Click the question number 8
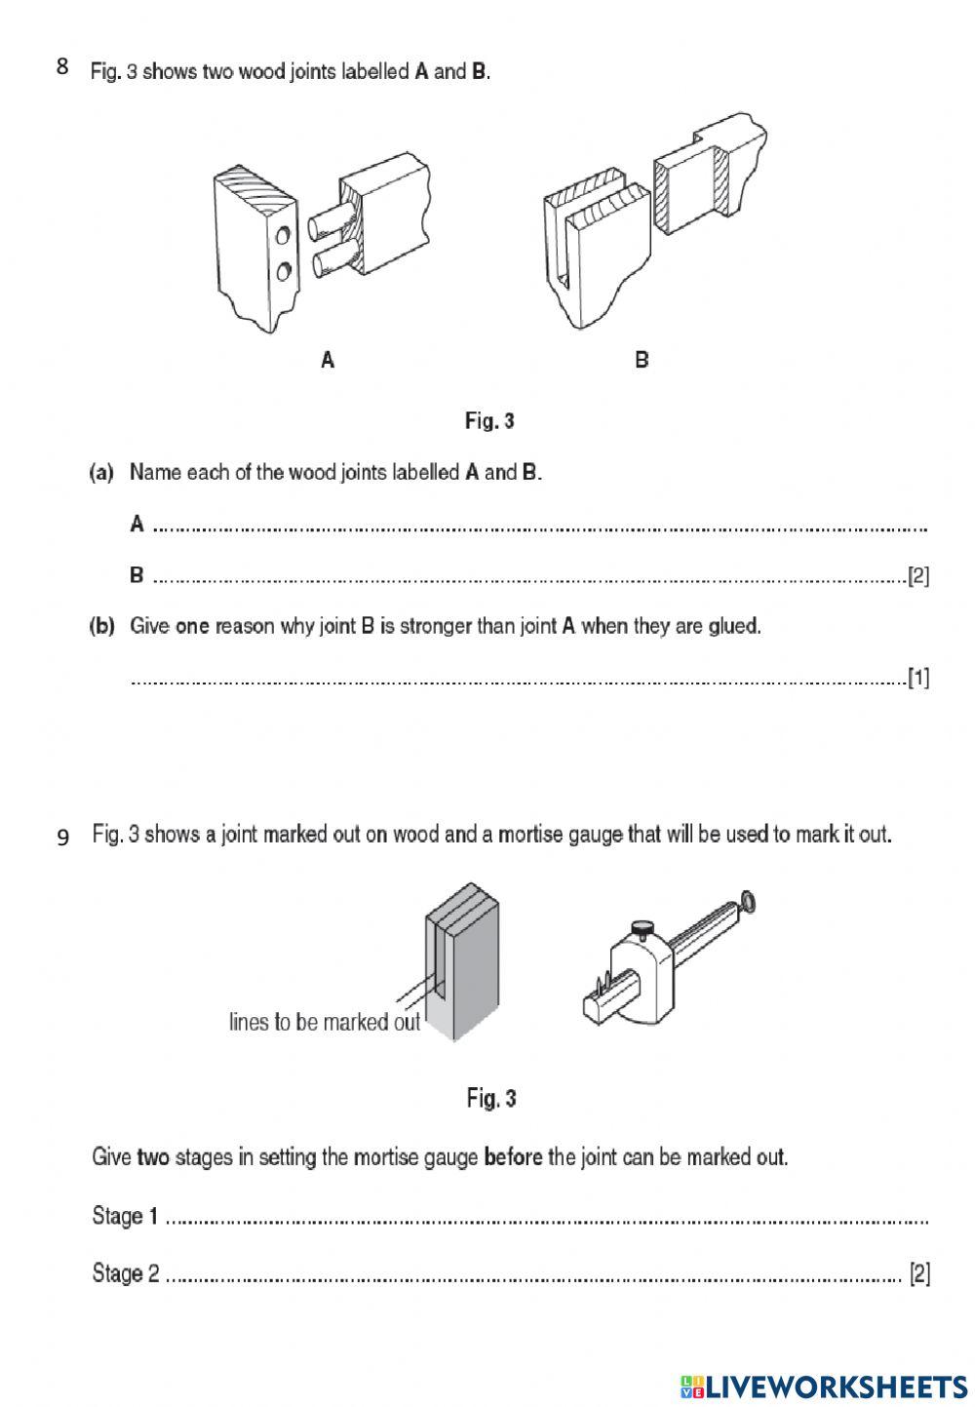coord(62,67)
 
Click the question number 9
coord(63,838)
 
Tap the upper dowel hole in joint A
coord(282,236)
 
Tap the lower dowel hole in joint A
coord(282,270)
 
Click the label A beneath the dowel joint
coord(328,361)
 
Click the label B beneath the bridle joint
coord(641,360)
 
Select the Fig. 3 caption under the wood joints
coord(489,421)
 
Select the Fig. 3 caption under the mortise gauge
coord(490,1099)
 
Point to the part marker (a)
coord(101,473)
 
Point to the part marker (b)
coord(101,626)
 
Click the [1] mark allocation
coord(917,678)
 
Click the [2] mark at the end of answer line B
coord(917,576)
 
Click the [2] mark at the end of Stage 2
coord(918,1273)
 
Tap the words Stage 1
coord(125,1216)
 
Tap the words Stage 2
coord(125,1273)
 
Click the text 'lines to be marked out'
coord(325,1022)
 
